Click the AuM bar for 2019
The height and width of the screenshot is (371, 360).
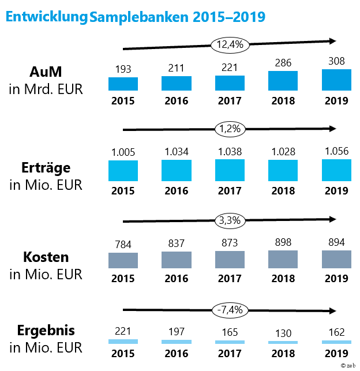(337, 80)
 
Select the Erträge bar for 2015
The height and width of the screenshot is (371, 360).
(123, 171)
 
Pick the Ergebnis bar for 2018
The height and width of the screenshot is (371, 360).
(283, 342)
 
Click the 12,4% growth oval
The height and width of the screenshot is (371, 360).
(230, 44)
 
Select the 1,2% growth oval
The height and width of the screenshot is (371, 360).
(230, 129)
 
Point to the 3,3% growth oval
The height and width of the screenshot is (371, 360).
(230, 220)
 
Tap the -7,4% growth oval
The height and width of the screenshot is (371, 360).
(230, 309)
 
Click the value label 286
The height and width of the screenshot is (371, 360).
(283, 62)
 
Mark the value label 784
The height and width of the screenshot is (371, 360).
(123, 245)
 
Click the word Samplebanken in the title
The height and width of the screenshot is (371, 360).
(133, 17)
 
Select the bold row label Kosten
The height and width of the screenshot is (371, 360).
(46, 257)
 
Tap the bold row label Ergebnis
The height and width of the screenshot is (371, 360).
(46, 331)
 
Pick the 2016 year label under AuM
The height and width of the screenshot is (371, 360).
(176, 100)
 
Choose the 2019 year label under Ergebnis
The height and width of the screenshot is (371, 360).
(337, 353)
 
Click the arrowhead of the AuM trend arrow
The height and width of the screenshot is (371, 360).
(332, 40)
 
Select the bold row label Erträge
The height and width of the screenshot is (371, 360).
(46, 168)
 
